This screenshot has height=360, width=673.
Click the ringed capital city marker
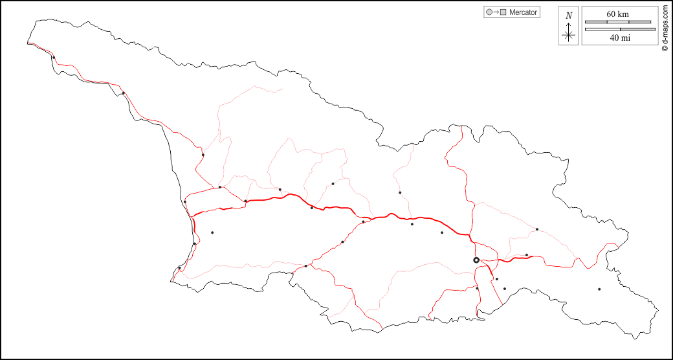[476, 260]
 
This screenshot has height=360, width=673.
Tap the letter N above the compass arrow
[569, 16]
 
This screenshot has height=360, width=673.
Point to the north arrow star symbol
[569, 35]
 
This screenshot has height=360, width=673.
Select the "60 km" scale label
[617, 14]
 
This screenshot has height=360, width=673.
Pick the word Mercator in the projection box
[523, 12]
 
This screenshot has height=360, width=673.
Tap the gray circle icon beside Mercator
[489, 12]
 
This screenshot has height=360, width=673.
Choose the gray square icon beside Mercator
[503, 12]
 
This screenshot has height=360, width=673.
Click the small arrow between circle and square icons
[496, 12]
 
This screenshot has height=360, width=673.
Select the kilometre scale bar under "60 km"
[617, 22]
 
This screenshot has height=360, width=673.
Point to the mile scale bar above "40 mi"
[620, 29]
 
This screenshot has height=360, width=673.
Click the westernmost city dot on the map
[54, 58]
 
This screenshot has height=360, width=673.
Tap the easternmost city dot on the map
[599, 289]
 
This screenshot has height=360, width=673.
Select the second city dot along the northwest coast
[123, 93]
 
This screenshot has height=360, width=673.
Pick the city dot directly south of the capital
[478, 288]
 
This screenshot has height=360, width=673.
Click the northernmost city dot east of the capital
[536, 229]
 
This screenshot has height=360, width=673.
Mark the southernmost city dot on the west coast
[179, 268]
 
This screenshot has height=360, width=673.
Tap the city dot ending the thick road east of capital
[527, 255]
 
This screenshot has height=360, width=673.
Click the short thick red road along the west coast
[193, 222]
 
